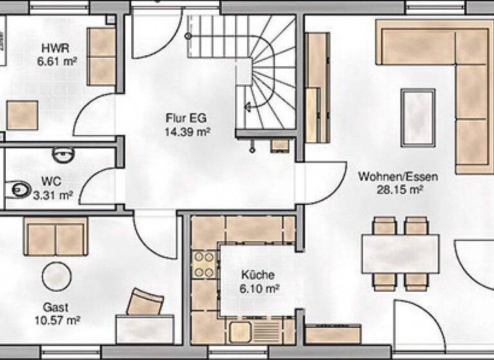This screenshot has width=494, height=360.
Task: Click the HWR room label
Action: tap(55, 48)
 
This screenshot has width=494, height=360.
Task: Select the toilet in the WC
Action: tap(19, 189)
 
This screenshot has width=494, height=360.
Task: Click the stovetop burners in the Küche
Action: tap(205, 265)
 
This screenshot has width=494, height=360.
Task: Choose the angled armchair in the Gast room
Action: tap(148, 302)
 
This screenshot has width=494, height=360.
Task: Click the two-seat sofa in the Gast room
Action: tap(56, 235)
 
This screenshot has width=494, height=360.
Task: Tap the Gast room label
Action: tap(57, 307)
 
